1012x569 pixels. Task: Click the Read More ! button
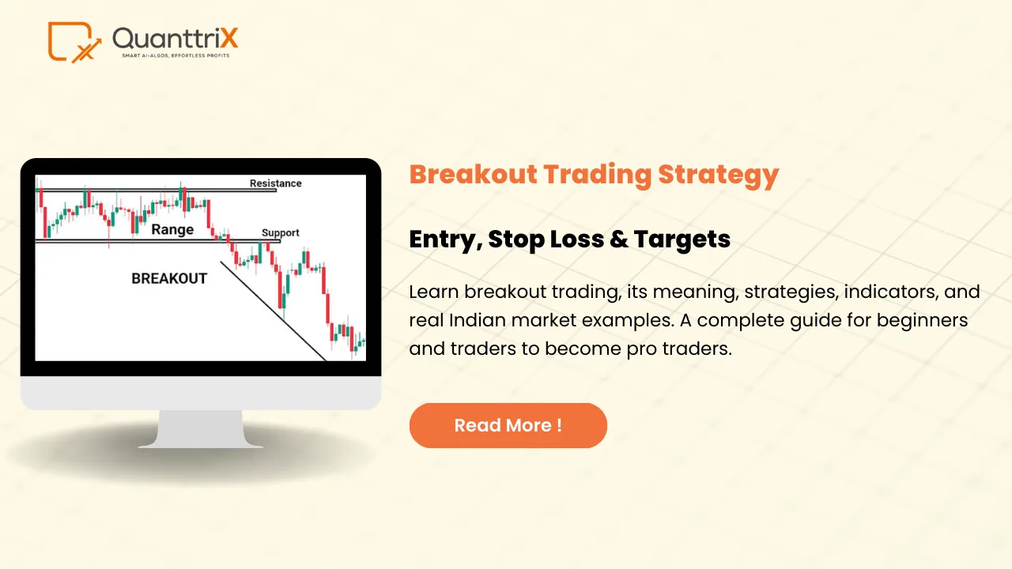tap(508, 425)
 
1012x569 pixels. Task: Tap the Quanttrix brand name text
tap(175, 38)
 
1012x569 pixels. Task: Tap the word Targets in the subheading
tap(682, 239)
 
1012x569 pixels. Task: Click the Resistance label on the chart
tap(276, 183)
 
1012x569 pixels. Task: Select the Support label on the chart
tap(281, 232)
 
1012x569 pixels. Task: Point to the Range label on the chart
tap(172, 229)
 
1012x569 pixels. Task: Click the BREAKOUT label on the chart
tap(169, 278)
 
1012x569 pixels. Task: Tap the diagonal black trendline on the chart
tap(273, 311)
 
